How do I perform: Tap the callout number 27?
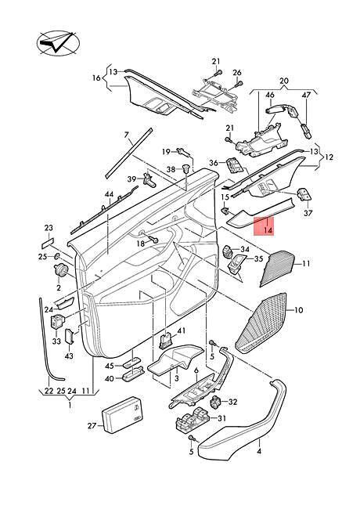click(92, 425)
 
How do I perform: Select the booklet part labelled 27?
click(122, 414)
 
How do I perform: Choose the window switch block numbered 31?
click(193, 422)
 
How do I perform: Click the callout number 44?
click(109, 194)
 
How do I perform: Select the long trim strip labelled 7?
click(129, 153)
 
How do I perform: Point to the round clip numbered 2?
click(60, 269)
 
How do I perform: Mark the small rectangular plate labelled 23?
click(48, 242)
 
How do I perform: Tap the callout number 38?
click(171, 169)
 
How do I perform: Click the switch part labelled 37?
click(305, 195)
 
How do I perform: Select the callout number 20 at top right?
click(284, 81)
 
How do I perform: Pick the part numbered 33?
click(57, 322)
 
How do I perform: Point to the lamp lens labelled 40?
click(132, 376)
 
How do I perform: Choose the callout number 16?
click(96, 78)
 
